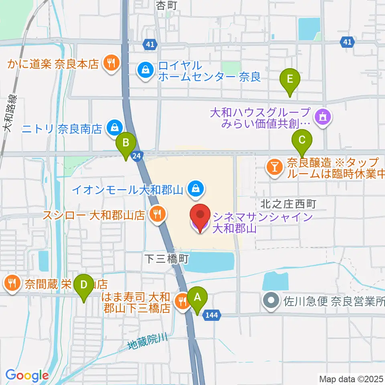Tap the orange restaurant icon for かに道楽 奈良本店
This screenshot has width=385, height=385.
click(x=109, y=63)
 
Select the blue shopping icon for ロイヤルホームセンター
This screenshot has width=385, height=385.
click(x=144, y=70)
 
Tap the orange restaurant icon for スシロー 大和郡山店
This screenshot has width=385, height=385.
click(x=156, y=214)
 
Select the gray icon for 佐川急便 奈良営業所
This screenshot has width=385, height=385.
click(x=272, y=299)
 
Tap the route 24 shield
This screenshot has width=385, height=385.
click(x=137, y=156)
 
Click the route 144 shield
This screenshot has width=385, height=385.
click(x=211, y=315)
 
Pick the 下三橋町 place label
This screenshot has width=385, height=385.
click(x=166, y=259)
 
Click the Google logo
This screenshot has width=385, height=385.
click(x=27, y=375)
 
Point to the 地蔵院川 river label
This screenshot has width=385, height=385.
click(x=146, y=341)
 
